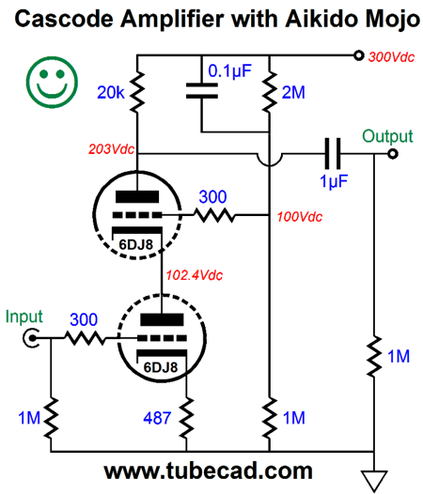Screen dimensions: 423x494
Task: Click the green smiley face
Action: coord(52,82)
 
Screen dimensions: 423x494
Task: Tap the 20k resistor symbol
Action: coord(137,92)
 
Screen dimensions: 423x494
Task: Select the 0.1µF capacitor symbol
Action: coord(202,91)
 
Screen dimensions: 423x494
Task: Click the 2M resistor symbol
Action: coord(269,92)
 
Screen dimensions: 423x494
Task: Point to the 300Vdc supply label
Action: coord(391,57)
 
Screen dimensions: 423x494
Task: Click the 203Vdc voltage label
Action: coord(111,149)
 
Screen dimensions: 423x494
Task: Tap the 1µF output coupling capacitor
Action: coord(333,154)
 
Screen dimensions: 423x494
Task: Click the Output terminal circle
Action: coord(393,154)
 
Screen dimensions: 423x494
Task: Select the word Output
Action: coord(387,137)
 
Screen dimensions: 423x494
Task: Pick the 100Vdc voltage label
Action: coord(300,217)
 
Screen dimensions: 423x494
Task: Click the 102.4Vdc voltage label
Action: coord(195,275)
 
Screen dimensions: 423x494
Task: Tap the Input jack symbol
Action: coord(32,338)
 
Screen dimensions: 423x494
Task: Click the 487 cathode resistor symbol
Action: coord(187,418)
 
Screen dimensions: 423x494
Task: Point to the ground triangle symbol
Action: coord(374,481)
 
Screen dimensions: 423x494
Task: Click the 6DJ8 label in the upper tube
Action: coord(135,244)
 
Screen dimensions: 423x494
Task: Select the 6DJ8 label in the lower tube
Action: coord(161,367)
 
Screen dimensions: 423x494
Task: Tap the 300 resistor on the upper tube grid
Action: coord(214,215)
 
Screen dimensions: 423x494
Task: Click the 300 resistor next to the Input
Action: coord(85,338)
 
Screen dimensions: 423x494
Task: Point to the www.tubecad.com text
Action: coord(208,471)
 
